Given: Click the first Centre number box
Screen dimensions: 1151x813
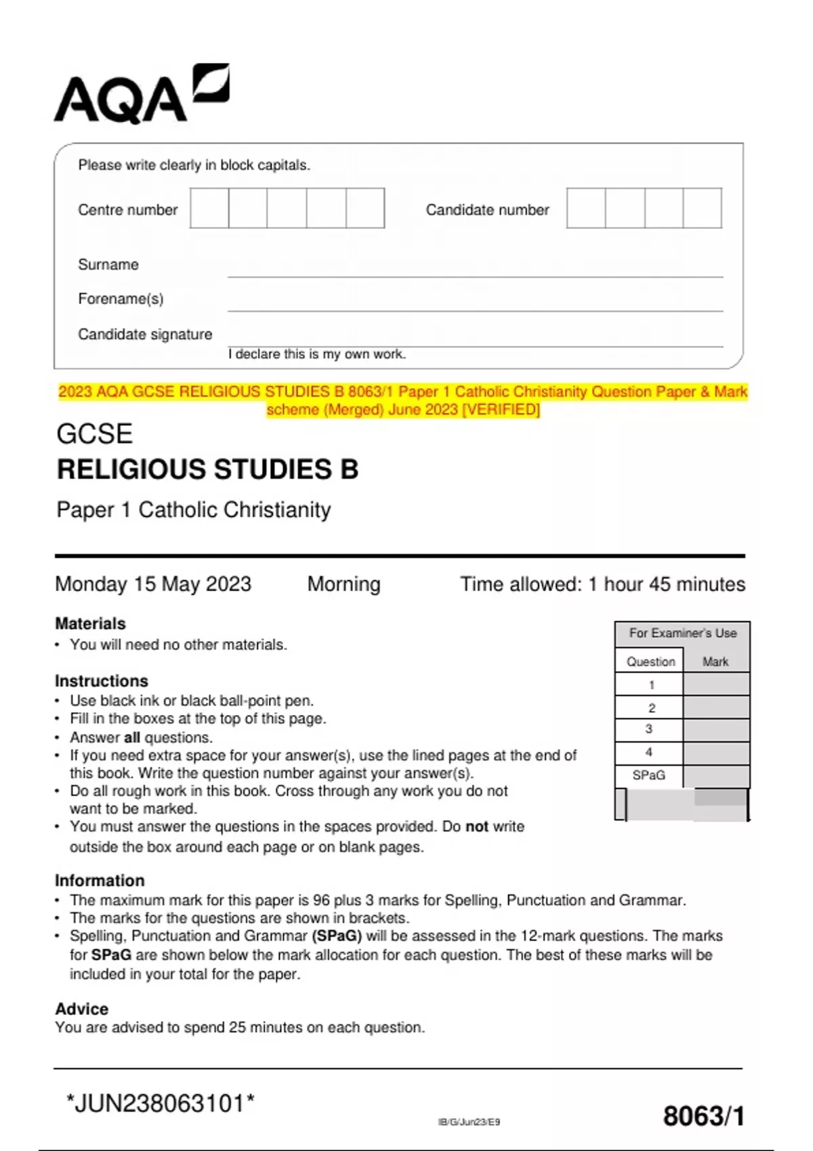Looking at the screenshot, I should [x=209, y=209].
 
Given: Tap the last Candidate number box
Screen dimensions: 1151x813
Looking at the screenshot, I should [x=702, y=209].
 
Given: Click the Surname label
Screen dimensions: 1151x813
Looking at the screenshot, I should [x=108, y=265].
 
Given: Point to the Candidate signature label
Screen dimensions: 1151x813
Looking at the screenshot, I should [x=145, y=334].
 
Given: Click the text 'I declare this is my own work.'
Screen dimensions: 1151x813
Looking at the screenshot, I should [x=317, y=354].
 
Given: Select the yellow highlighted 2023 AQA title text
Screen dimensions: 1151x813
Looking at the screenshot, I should [x=403, y=400].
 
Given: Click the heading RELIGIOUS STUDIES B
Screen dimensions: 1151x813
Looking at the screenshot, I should [x=207, y=470].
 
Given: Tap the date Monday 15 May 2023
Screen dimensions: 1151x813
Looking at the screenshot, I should [x=153, y=584].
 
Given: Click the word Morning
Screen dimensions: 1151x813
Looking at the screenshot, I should [x=343, y=584].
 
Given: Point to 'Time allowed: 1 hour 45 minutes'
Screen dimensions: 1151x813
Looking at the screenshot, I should [x=602, y=584].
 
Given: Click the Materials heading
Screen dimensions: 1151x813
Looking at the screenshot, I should [x=90, y=624].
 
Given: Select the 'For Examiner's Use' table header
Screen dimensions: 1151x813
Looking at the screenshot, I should [x=682, y=634].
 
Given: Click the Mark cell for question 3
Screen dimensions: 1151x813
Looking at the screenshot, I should [x=715, y=730].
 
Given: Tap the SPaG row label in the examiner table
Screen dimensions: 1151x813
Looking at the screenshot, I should [x=648, y=775].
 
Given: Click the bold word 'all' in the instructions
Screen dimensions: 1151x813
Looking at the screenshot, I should [x=132, y=737].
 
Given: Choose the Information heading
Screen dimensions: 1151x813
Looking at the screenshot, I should [x=100, y=880].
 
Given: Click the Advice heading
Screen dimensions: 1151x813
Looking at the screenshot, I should [x=81, y=1009].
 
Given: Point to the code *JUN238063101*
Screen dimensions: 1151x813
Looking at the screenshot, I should [x=161, y=1104].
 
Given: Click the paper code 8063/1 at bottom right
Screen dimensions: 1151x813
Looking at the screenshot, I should [x=703, y=1116].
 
